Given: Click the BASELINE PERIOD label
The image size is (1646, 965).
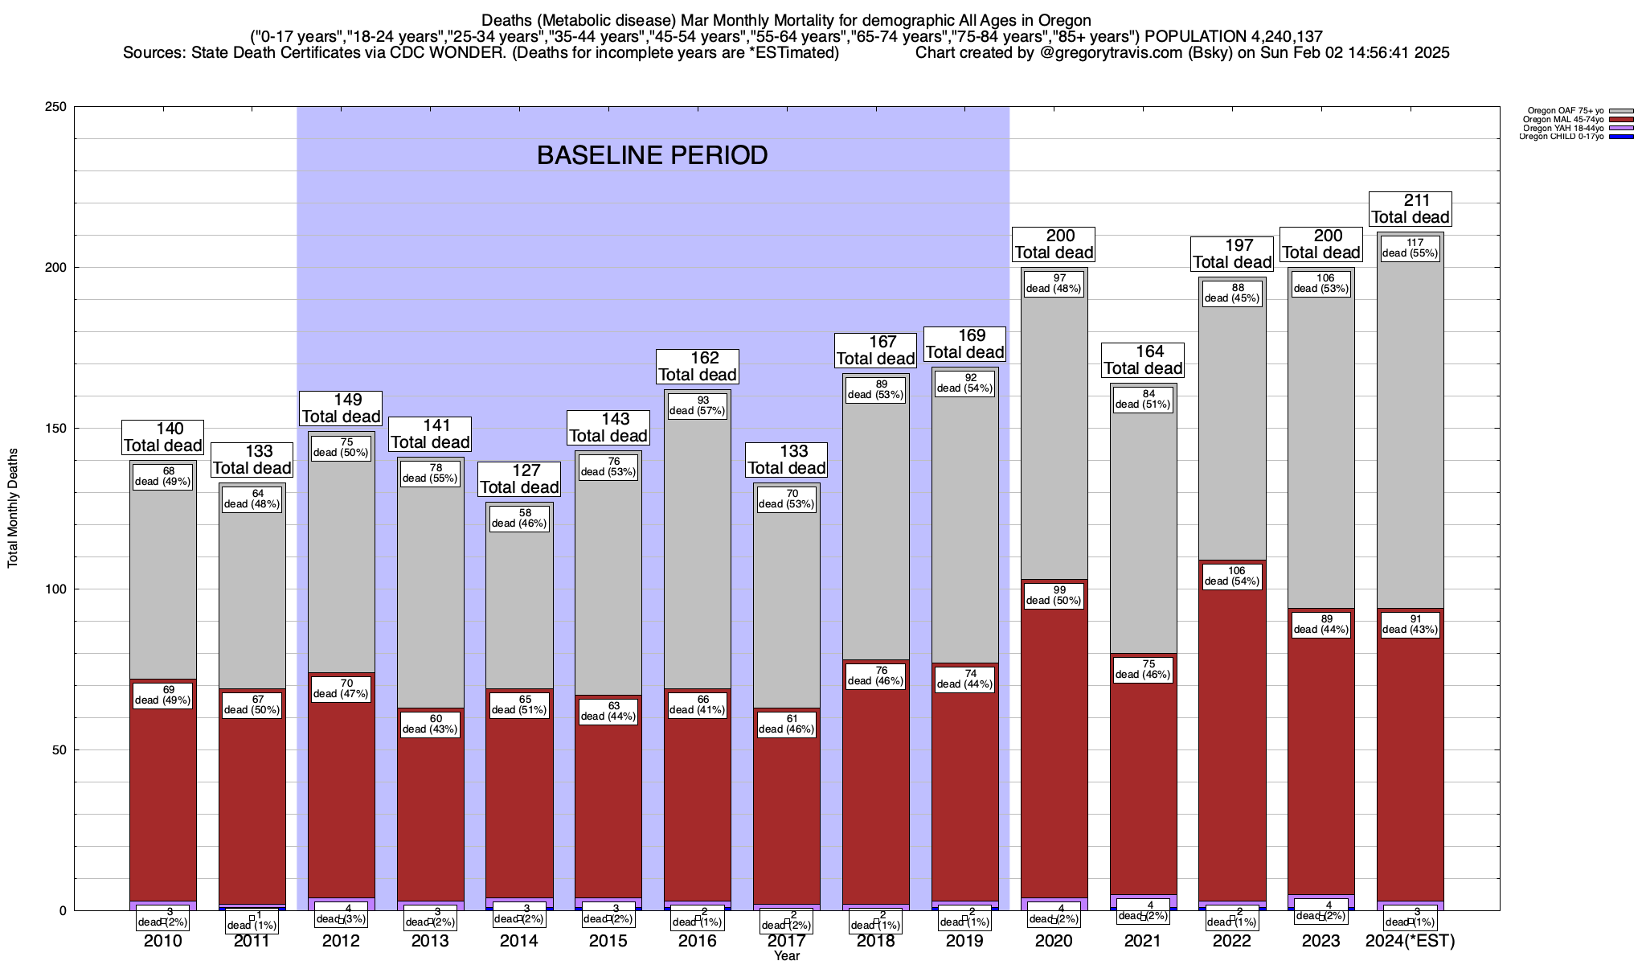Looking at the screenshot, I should pyautogui.click(x=652, y=155).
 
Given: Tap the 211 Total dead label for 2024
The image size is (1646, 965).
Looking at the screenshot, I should pyautogui.click(x=1410, y=209).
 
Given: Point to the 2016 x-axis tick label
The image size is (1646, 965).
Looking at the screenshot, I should pyautogui.click(x=697, y=941).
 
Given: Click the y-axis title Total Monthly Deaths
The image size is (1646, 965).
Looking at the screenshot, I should pyautogui.click(x=13, y=508).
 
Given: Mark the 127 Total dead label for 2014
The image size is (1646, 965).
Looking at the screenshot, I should pyautogui.click(x=519, y=479).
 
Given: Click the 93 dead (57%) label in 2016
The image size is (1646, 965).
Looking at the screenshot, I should pyautogui.click(x=698, y=405).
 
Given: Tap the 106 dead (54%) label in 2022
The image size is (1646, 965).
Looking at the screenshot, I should pyautogui.click(x=1232, y=576).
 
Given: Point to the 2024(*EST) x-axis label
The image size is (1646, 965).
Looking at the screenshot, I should pyautogui.click(x=1411, y=941).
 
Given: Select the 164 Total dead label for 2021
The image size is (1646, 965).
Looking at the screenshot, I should pyautogui.click(x=1143, y=360).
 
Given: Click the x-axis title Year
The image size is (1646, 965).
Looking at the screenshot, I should pyautogui.click(x=787, y=955).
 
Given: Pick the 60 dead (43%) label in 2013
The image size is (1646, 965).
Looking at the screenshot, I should pyautogui.click(x=430, y=724).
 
